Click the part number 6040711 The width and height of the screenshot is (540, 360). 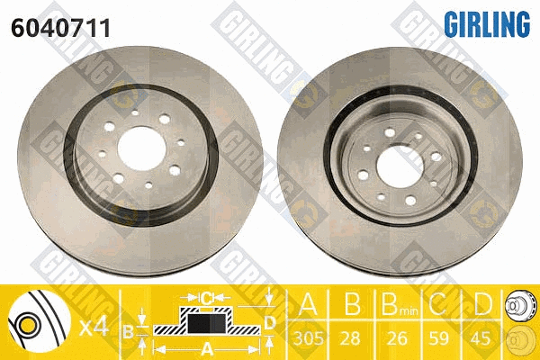coord(60,28)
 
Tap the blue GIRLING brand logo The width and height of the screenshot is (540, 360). coord(487,23)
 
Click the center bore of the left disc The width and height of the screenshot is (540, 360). coord(142,148)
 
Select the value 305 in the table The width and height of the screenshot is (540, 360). coord(308,338)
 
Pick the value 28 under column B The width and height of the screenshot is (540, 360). coord(350,338)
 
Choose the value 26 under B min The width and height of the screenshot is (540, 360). coord(397,338)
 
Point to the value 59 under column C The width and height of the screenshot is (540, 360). coord(438,338)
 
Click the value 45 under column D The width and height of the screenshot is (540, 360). coord(481,338)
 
